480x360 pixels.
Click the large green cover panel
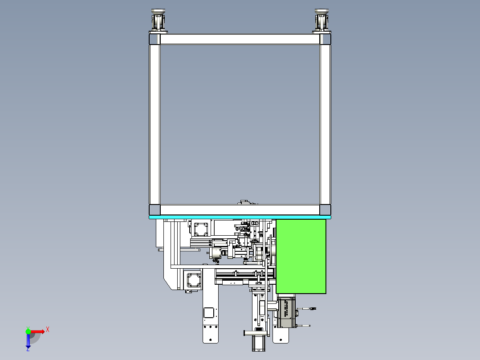coord(301,256)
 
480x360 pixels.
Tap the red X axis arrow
coord(38,331)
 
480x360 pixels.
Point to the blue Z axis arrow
coord(28,341)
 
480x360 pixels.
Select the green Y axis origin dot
coord(28,331)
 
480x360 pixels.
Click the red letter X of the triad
coord(48,329)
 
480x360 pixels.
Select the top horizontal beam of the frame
coord(240,39)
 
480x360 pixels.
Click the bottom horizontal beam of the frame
coord(240,209)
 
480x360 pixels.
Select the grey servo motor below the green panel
coord(287,313)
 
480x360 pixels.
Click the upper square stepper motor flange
coord(200,229)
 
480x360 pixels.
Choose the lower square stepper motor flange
coord(193,280)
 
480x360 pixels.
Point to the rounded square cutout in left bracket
coord(209,312)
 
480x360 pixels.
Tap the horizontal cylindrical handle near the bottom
coord(256,332)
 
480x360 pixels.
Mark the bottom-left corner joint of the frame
coord(155,210)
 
